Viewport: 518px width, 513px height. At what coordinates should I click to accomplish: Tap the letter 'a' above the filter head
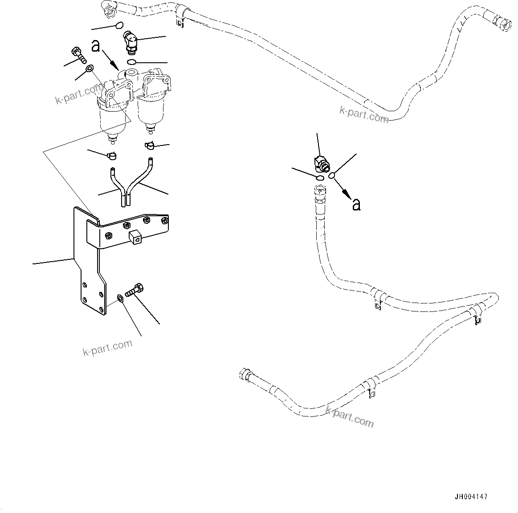(x=95, y=46)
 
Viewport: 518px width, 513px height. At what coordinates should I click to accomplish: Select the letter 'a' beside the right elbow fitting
(x=356, y=204)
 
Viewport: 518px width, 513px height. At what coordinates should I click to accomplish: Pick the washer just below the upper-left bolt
(x=89, y=69)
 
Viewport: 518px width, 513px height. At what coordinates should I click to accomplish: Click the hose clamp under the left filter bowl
(x=112, y=156)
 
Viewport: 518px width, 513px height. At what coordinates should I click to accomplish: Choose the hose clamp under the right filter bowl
(x=150, y=145)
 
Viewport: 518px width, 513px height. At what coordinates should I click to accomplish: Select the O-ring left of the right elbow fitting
(x=319, y=178)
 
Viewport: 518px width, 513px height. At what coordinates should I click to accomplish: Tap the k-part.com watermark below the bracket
(x=107, y=347)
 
